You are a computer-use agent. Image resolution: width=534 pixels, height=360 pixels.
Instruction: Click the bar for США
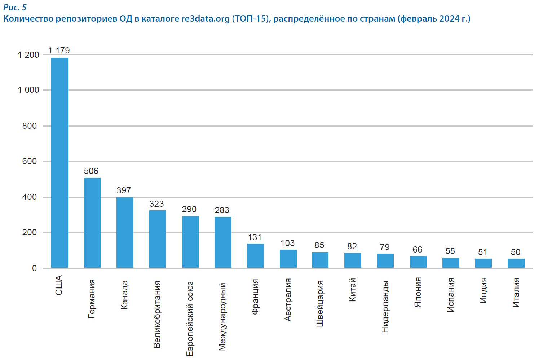pos(59,162)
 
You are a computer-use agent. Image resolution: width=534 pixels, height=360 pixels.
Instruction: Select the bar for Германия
pos(92,223)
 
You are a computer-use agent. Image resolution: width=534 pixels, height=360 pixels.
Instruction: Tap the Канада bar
pos(125,232)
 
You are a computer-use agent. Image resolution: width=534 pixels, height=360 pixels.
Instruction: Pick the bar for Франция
pos(256,256)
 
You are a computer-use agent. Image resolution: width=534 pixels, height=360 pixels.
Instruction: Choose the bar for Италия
pos(516,263)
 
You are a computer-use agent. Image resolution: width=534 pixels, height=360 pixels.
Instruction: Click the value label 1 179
pos(59,51)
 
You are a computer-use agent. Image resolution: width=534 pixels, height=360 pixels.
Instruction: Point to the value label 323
pos(156,204)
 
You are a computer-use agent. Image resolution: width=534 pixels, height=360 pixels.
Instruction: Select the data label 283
pos(222,210)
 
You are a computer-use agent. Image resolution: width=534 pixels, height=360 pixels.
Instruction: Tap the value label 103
pos(287,243)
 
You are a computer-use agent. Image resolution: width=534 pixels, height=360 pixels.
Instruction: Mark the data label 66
pos(417,250)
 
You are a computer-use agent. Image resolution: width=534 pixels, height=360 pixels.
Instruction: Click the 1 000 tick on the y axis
pos(28,90)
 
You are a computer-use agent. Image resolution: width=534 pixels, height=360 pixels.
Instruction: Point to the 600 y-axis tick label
pos(30,161)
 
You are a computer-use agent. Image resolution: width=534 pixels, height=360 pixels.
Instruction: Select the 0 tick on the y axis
pos(34,268)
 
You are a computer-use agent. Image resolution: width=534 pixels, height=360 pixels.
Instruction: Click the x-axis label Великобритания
pos(157,314)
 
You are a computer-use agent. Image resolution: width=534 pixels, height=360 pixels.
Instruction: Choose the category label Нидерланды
pos(385,306)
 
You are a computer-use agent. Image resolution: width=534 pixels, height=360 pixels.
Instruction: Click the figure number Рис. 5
pos(15,7)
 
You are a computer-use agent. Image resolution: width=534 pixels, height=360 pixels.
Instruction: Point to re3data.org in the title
pos(205,18)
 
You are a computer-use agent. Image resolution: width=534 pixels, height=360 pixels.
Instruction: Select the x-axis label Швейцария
pos(319,303)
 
